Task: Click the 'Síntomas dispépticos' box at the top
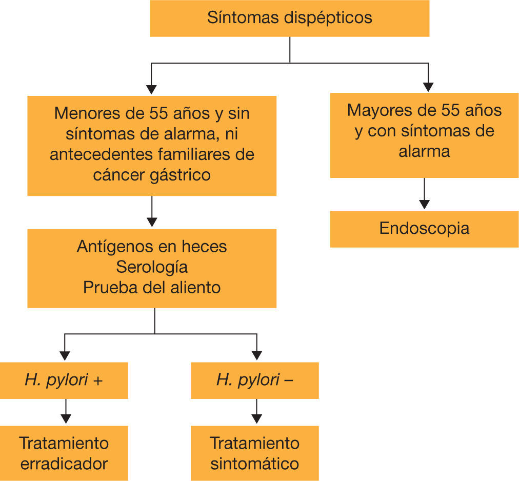pyautogui.click(x=289, y=18)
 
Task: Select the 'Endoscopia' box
pyautogui.click(x=424, y=229)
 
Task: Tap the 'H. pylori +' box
pyautogui.click(x=64, y=380)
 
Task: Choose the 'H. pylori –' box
pyautogui.click(x=254, y=380)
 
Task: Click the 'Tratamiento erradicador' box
pyautogui.click(x=64, y=453)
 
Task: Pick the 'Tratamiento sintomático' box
pyautogui.click(x=254, y=453)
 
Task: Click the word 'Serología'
pyautogui.click(x=152, y=267)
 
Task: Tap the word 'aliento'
pyautogui.click(x=194, y=287)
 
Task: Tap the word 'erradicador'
pyautogui.click(x=64, y=464)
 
